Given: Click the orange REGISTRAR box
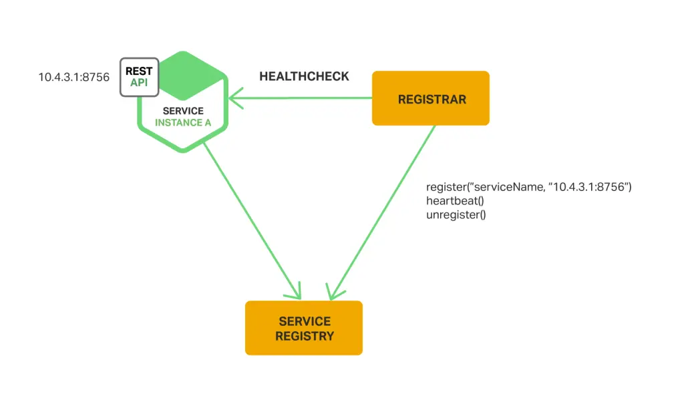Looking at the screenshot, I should click(x=431, y=99).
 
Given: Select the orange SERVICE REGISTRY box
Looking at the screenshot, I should click(x=304, y=328).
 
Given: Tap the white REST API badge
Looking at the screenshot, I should click(x=140, y=77).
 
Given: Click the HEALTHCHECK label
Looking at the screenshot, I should click(x=304, y=76).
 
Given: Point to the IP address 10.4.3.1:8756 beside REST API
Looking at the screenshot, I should click(x=73, y=77).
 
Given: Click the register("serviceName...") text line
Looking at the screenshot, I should click(x=528, y=187).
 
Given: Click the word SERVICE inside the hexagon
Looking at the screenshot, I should click(x=183, y=110).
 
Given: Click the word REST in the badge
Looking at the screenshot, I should click(x=139, y=71).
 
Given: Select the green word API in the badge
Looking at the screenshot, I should click(x=139, y=83).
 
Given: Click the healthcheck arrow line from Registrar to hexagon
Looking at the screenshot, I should click(x=301, y=99).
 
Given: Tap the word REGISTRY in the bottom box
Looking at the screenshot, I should click(x=304, y=336).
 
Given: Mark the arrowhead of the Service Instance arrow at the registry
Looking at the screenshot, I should click(x=296, y=292).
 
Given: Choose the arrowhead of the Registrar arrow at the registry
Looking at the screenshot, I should click(x=333, y=292).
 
